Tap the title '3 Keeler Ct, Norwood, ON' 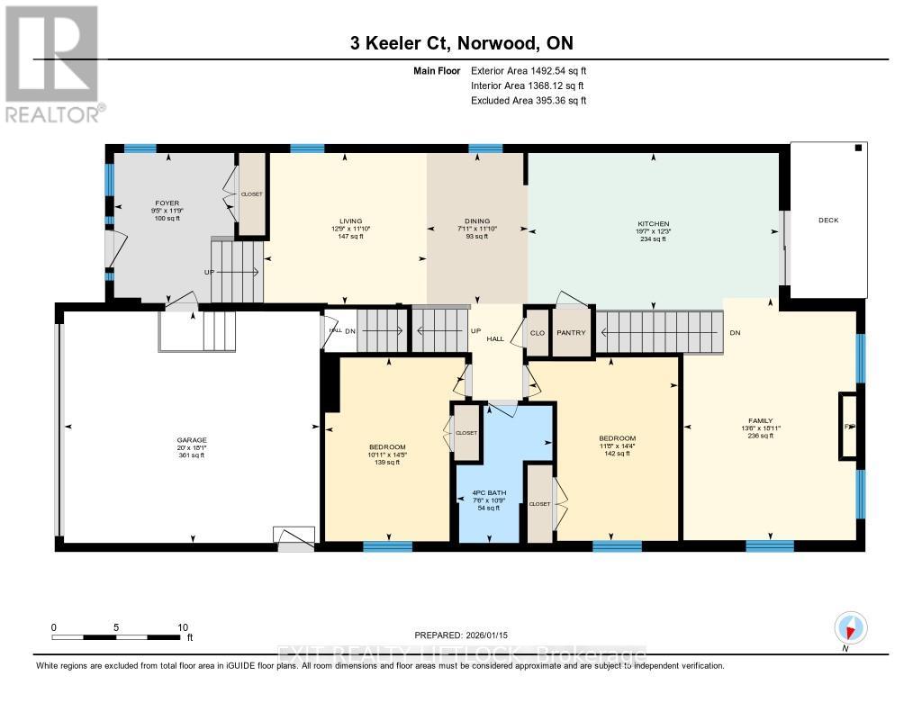pyautogui.click(x=461, y=43)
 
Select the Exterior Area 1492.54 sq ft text pyautogui.click(x=529, y=70)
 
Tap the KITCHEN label pyautogui.click(x=653, y=224)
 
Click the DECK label pyautogui.click(x=827, y=220)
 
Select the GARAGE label pyautogui.click(x=190, y=441)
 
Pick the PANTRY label pyautogui.click(x=571, y=333)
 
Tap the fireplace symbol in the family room pyautogui.click(x=847, y=427)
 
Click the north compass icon pyautogui.click(x=850, y=627)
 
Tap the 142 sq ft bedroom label pyautogui.click(x=617, y=446)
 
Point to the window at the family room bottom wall pyautogui.click(x=770, y=545)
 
